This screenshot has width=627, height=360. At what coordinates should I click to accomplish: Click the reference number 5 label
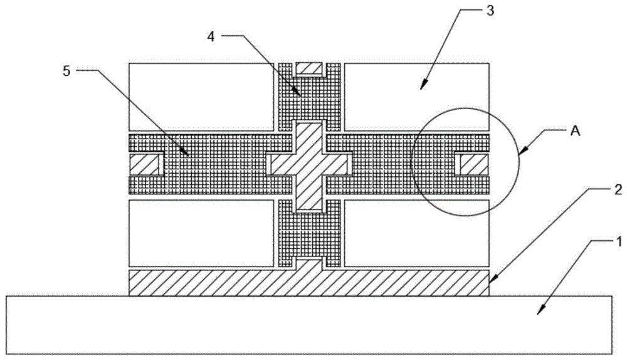coord(68,70)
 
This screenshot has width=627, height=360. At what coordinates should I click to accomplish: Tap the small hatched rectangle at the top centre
coord(310,68)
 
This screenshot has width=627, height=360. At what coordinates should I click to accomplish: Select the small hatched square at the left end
coord(145,164)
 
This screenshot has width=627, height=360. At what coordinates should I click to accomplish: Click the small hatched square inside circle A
coord(473,164)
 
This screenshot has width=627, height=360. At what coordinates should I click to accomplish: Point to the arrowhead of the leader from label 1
coord(538,312)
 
